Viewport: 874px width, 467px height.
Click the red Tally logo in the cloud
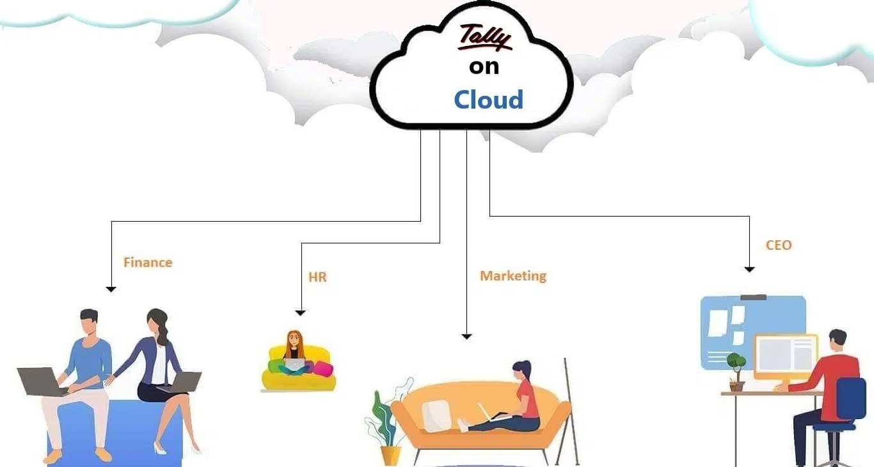pyautogui.click(x=485, y=38)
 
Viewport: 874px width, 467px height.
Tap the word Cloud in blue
pyautogui.click(x=488, y=100)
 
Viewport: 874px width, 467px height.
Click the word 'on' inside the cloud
pyautogui.click(x=484, y=66)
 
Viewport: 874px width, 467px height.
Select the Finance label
pyautogui.click(x=148, y=263)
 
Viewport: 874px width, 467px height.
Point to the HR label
pyautogui.click(x=317, y=277)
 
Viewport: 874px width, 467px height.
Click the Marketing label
pyautogui.click(x=513, y=276)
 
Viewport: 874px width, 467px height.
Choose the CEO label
pyautogui.click(x=779, y=245)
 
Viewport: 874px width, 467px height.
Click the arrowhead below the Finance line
pyautogui.click(x=111, y=289)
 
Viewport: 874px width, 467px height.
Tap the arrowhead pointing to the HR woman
pyautogui.click(x=301, y=313)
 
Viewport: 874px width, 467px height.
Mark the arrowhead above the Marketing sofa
pyautogui.click(x=466, y=337)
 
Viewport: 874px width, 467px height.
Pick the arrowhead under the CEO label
pyautogui.click(x=749, y=270)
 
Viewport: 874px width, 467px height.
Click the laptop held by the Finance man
pyautogui.click(x=42, y=381)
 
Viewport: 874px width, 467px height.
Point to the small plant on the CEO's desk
pyautogui.click(x=736, y=372)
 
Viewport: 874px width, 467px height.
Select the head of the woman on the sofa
pyautogui.click(x=522, y=369)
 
